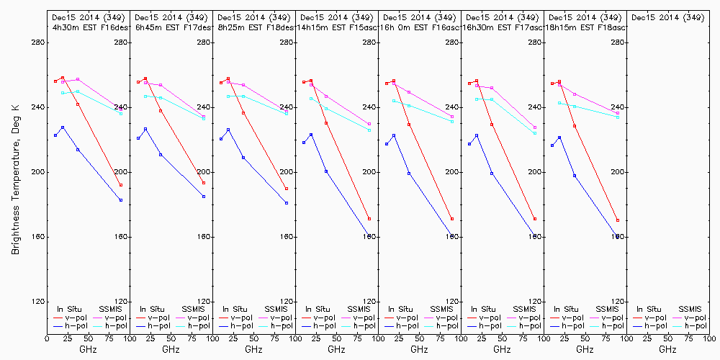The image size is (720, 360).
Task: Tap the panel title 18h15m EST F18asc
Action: coord(586,27)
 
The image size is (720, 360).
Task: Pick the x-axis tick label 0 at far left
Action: coord(47,338)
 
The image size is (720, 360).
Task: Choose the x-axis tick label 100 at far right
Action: coord(709,338)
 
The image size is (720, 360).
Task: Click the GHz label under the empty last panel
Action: coord(667,349)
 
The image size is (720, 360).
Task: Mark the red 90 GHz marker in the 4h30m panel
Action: coord(121,185)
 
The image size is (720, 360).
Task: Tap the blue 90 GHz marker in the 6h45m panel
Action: coord(204,197)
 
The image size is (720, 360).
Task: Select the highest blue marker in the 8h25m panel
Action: coord(228,130)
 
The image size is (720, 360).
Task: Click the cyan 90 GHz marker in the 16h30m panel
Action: coord(535,133)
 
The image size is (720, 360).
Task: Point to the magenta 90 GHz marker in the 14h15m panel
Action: coord(369,124)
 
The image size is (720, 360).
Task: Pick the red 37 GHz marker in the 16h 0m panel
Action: coord(409,125)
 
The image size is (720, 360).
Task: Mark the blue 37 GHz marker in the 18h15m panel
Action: coord(575,176)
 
